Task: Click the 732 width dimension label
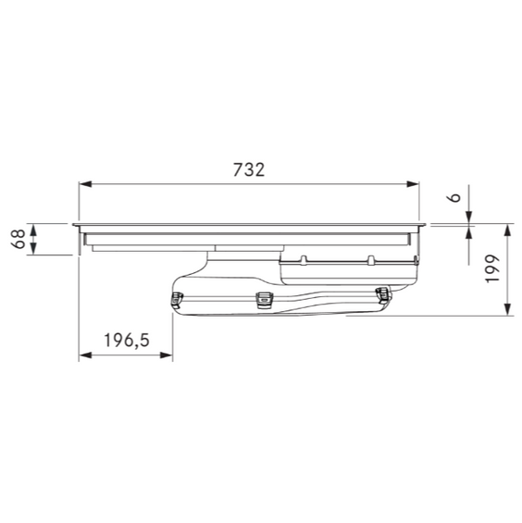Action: [x=249, y=169]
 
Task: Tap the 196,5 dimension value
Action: [x=127, y=341]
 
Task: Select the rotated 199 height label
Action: [x=492, y=268]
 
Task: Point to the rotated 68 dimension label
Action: [x=19, y=239]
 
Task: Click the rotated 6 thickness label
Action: [x=454, y=197]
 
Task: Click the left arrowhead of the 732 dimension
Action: [x=85, y=184]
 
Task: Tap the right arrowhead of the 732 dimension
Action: [x=413, y=184]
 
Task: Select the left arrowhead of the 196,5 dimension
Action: [x=85, y=355]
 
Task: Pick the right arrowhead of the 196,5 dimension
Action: [x=167, y=355]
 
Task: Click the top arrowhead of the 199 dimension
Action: [x=508, y=230]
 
